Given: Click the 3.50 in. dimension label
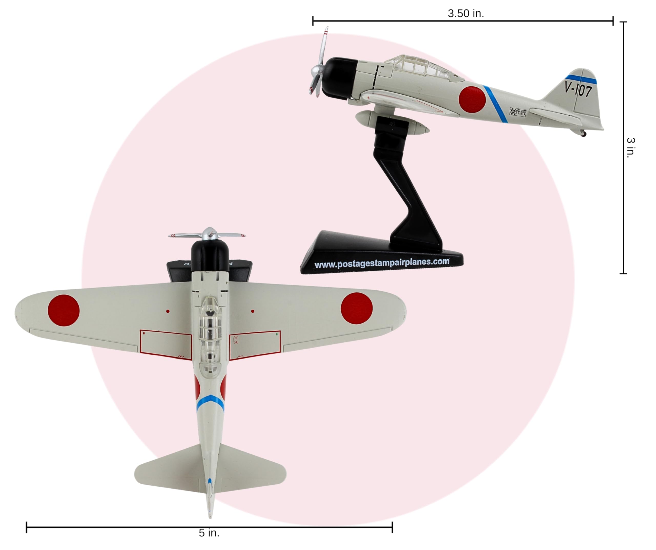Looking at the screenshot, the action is click(x=465, y=13).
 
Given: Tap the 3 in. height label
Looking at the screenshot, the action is click(x=631, y=148).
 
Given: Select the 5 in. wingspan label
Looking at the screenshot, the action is click(x=209, y=533).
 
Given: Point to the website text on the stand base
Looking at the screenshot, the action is click(x=382, y=263).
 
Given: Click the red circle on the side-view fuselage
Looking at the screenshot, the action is click(x=472, y=99).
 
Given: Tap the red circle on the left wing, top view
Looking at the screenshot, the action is click(x=64, y=310).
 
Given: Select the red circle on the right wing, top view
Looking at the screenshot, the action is click(x=356, y=308).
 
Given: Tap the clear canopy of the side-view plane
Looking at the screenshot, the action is click(x=419, y=67).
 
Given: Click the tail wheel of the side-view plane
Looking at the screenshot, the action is click(x=583, y=134).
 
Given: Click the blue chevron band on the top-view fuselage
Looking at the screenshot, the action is click(x=210, y=402).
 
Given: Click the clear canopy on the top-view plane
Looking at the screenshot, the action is click(x=210, y=334).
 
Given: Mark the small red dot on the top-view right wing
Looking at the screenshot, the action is click(x=252, y=311).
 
